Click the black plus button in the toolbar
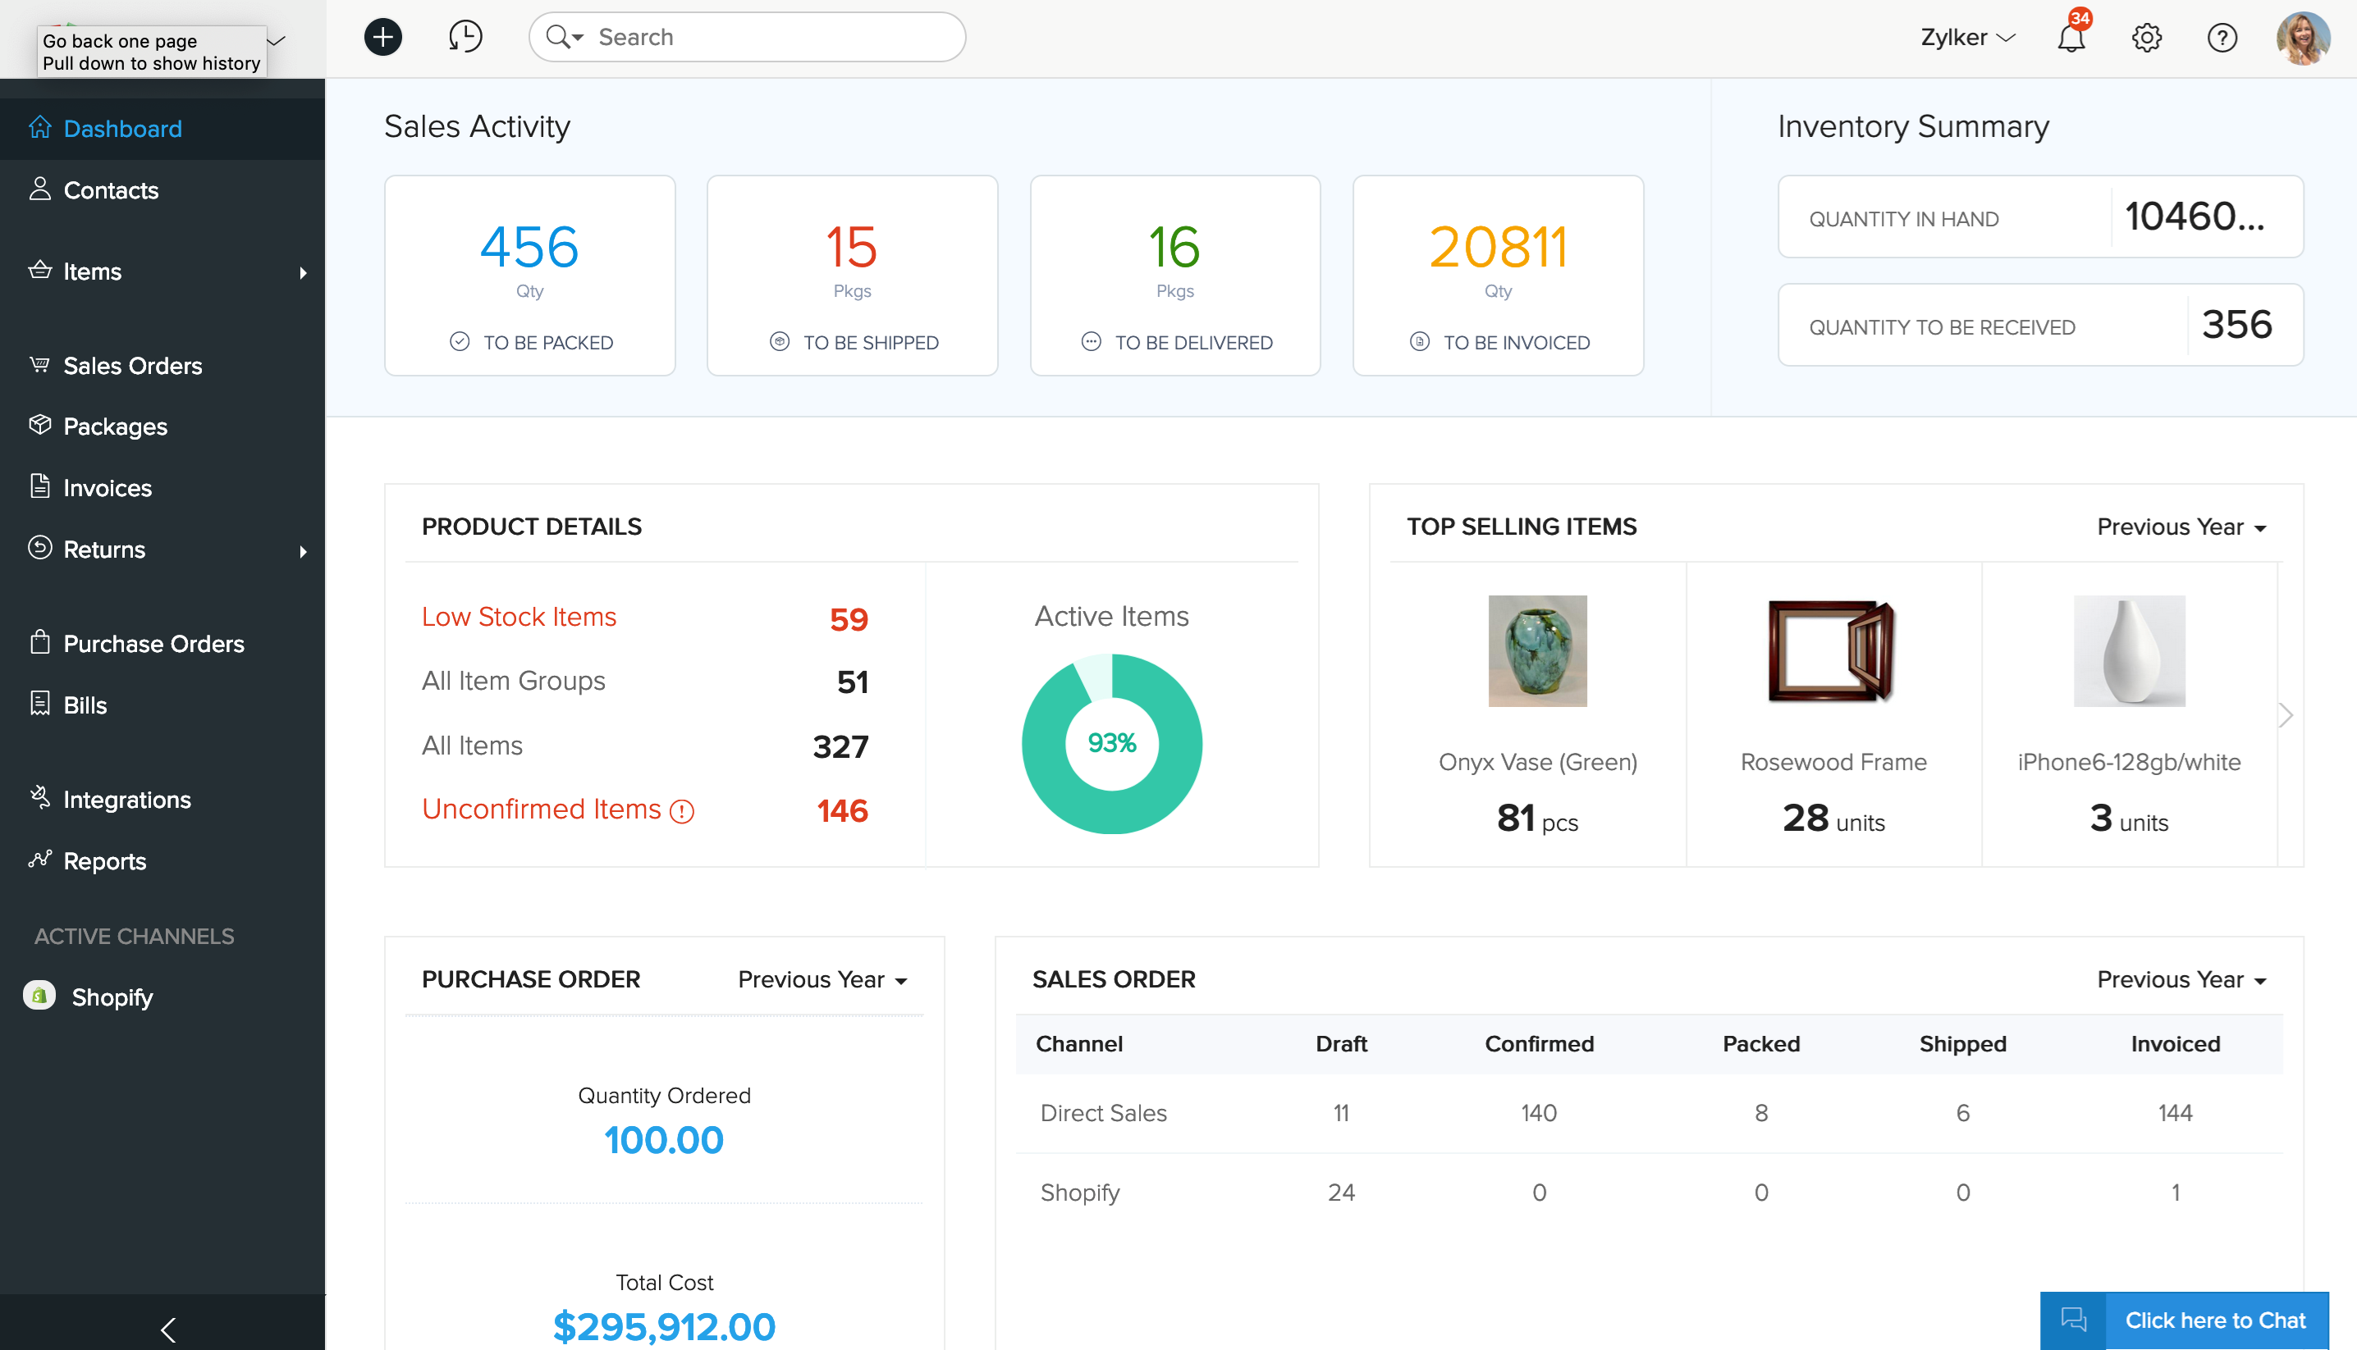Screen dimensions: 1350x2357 [382, 37]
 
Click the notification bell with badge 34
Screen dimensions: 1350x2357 [2071, 38]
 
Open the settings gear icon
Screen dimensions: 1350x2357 [2146, 38]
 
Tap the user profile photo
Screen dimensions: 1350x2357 [2302, 38]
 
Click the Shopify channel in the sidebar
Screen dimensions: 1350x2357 [112, 997]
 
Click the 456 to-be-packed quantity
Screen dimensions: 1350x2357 [529, 248]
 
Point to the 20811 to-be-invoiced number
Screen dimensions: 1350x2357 [1497, 248]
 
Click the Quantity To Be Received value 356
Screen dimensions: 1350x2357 [2236, 325]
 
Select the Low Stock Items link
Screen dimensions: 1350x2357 [519, 617]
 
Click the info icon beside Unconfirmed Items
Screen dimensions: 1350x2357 [682, 811]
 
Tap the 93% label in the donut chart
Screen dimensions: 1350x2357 [1111, 743]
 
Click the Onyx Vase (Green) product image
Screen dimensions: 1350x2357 [1537, 651]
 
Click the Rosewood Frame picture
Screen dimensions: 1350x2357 [1832, 651]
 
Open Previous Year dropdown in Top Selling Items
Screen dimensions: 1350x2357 [2181, 527]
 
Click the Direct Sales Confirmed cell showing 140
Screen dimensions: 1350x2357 [1538, 1113]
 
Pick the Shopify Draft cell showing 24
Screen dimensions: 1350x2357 [1340, 1193]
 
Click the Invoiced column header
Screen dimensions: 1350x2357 [2174, 1044]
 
